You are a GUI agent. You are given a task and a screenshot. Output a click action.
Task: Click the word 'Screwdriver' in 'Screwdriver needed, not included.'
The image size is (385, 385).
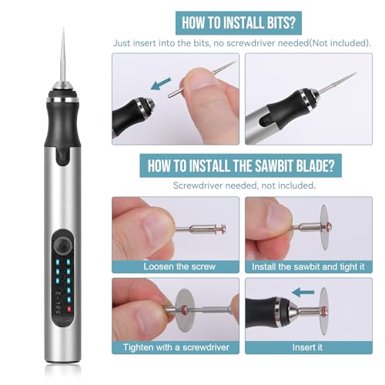(x=199, y=186)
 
